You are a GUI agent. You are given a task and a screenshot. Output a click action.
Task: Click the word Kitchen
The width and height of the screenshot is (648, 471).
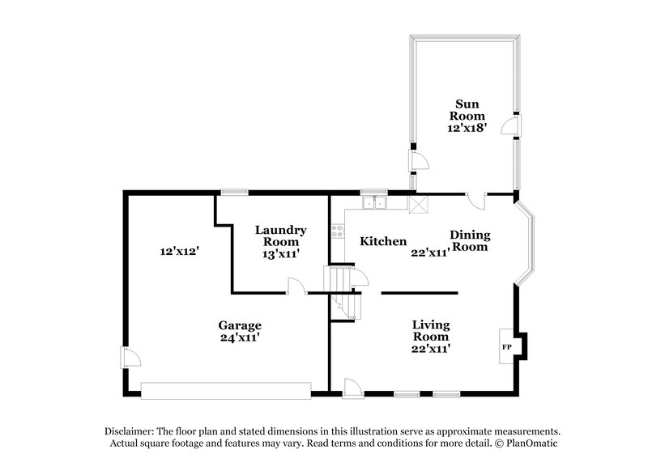coord(382,241)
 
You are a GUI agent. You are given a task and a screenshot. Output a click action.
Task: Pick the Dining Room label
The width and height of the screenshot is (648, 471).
coord(469,240)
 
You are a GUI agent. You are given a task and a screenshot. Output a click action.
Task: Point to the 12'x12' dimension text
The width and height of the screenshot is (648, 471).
coord(180,252)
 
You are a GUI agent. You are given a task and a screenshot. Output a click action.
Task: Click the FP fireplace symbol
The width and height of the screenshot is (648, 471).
coord(507,346)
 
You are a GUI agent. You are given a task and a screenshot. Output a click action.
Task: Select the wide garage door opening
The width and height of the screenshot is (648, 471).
coord(225,391)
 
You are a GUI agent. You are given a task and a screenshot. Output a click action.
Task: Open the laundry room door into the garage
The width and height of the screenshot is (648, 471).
coord(297,286)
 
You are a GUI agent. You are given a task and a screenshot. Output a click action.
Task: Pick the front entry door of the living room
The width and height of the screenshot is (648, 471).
coord(353,388)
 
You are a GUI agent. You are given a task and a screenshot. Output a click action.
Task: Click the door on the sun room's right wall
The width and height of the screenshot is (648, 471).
coord(511,126)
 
